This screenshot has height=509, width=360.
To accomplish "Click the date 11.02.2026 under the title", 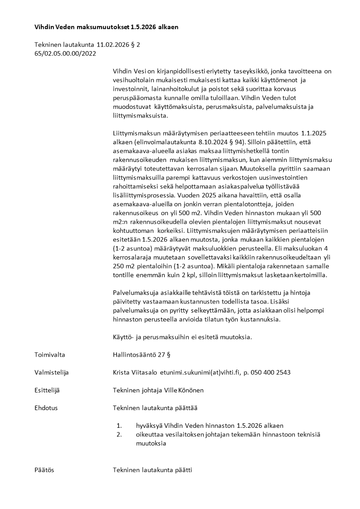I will [x=112, y=45].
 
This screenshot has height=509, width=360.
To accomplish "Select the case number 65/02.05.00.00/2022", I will [x=65, y=54].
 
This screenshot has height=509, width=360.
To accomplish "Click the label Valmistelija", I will [x=51, y=372].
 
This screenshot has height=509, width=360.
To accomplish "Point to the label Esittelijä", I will [x=47, y=390].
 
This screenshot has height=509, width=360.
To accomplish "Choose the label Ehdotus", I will [x=46, y=408].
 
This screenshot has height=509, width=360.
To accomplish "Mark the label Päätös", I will [x=44, y=470].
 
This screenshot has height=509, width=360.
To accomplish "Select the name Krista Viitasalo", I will [x=135, y=372].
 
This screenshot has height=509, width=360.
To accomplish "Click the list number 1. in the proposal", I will [x=120, y=426].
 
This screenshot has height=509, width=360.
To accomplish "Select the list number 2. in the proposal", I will [x=120, y=435].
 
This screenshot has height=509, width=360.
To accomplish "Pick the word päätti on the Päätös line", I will [x=184, y=470].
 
